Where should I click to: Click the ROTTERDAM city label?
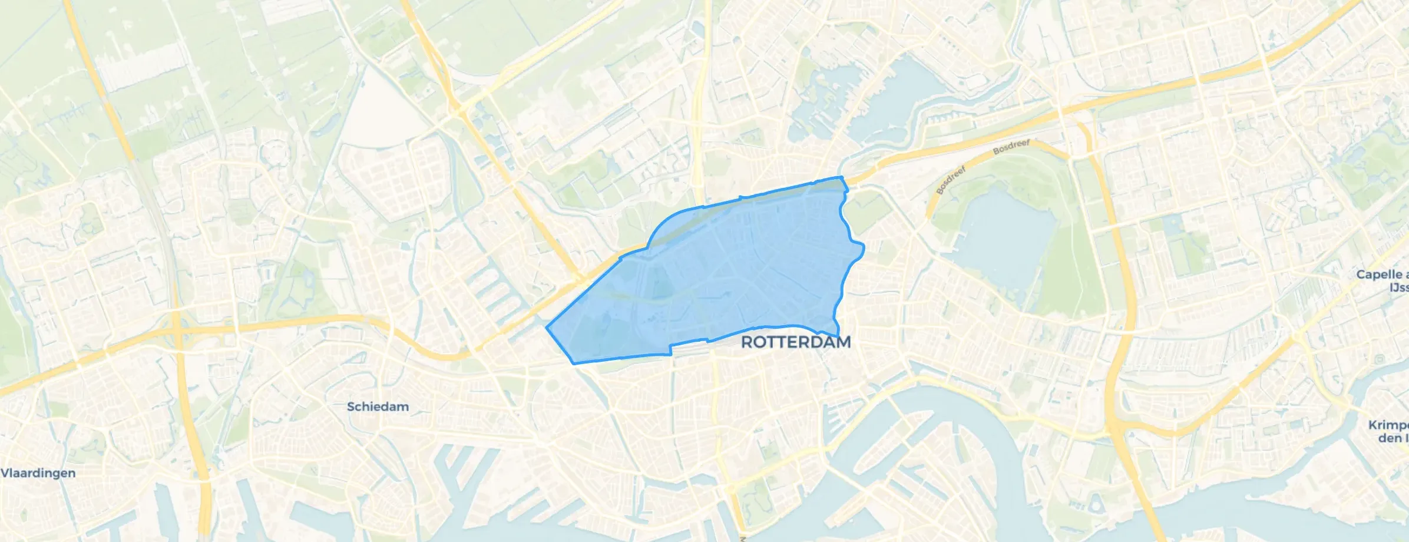[795, 342]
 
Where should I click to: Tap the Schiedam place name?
[378, 406]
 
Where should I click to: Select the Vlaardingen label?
[38, 473]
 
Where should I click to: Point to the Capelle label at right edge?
[1381, 280]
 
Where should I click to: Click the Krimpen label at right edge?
[1389, 431]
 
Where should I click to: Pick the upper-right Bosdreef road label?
[1011, 147]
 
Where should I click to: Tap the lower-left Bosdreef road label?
[951, 180]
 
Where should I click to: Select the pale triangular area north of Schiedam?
[380, 112]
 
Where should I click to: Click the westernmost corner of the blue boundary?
[547, 328]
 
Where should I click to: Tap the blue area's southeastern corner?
[838, 336]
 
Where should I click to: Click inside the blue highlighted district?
[736, 265]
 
